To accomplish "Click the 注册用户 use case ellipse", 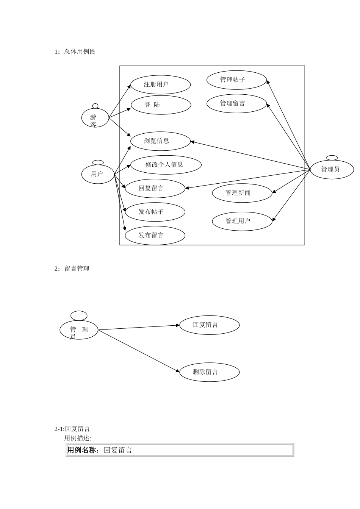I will pos(160,84).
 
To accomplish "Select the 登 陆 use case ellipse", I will pos(161,105).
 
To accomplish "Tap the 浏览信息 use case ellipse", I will pos(160,141).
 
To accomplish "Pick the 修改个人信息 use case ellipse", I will pos(166,165).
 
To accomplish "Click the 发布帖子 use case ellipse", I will pos(155,212).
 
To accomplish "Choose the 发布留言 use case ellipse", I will pos(155,236).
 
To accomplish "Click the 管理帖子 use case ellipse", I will pos(236,80).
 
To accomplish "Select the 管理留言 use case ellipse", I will pos(236,103).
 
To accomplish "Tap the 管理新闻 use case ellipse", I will pos(242,193).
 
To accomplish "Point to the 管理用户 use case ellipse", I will pos(242,221).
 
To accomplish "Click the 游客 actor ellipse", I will pos(95,118).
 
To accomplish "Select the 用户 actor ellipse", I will pos(98,174).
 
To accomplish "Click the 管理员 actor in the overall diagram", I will pos(332,169).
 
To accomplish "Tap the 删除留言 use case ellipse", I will pos(209,372).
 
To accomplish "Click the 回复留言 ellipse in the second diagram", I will pos(209,325).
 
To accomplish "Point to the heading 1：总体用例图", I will pos(75,52).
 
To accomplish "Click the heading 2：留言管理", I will pos(72,269).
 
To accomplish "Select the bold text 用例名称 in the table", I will pos(81,450).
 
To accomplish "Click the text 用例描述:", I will pos(78,438).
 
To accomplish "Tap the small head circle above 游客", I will pos(95,106).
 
